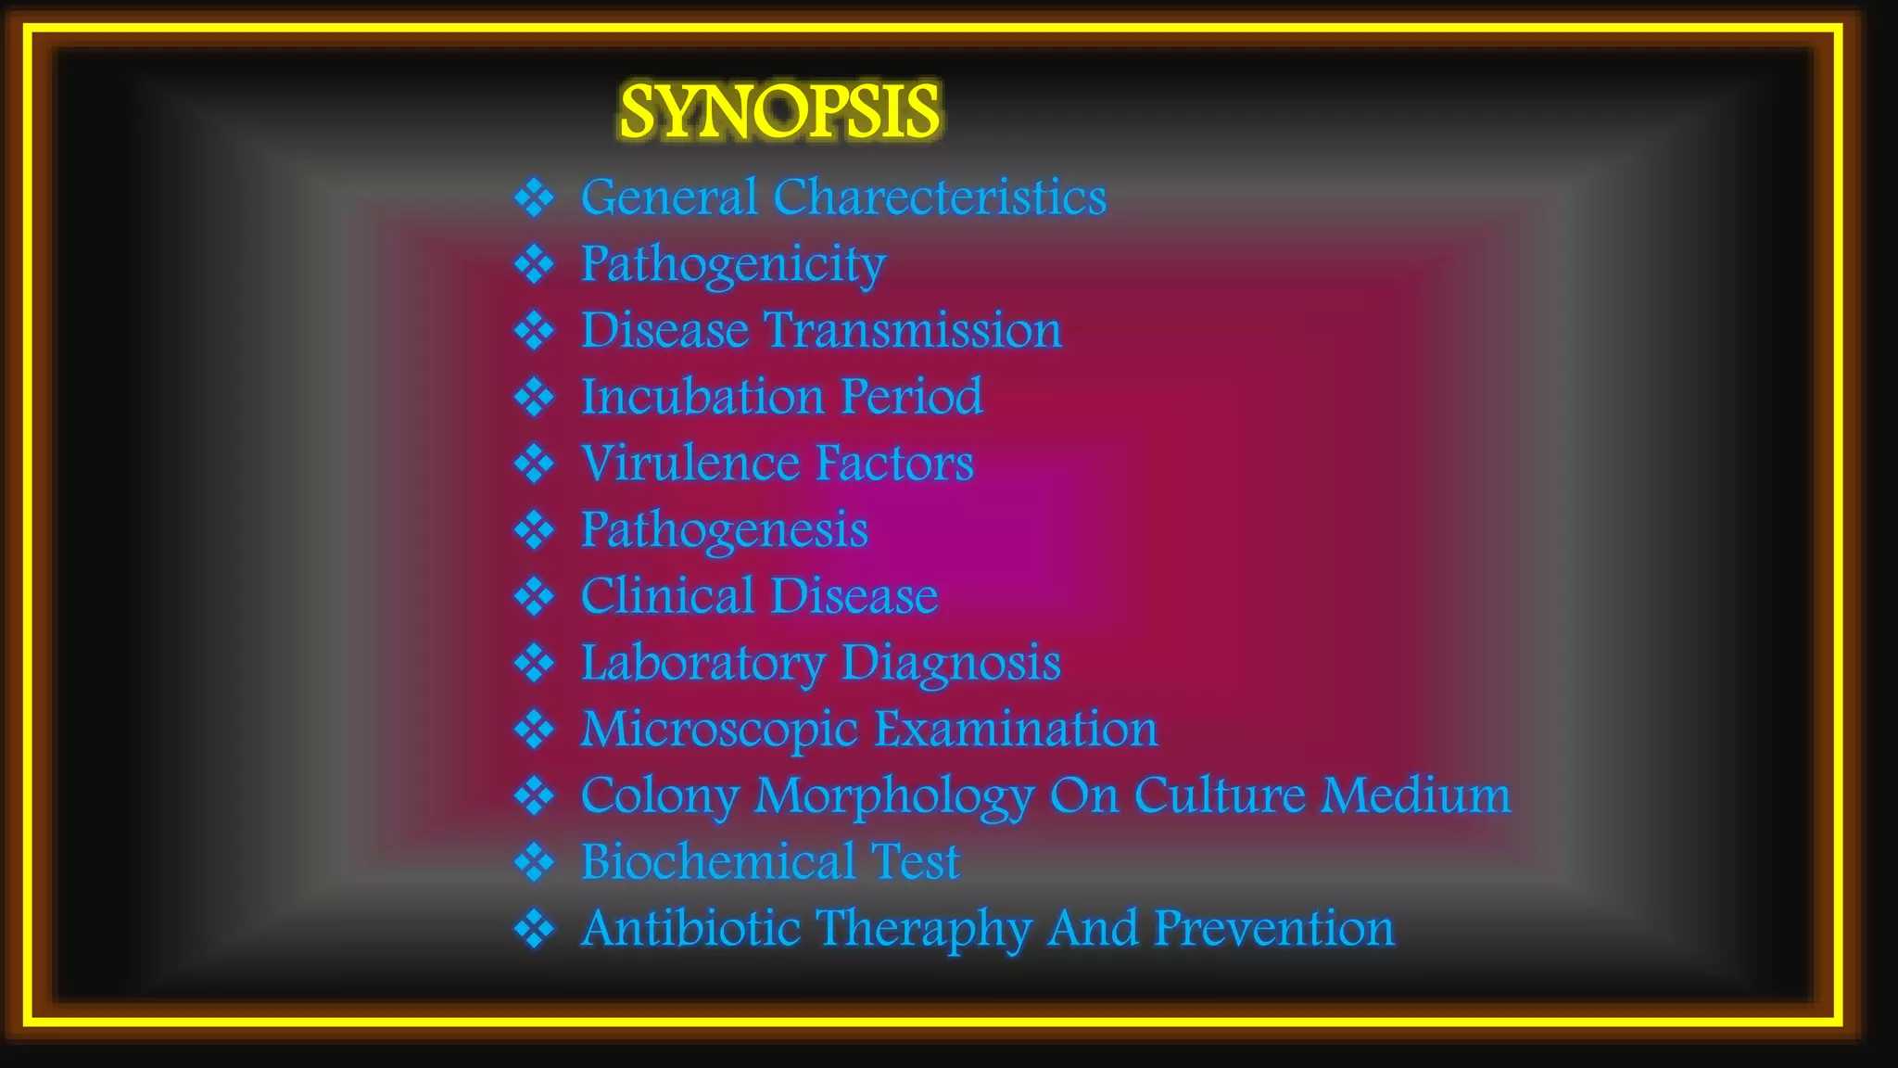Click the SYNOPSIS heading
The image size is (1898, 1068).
779,111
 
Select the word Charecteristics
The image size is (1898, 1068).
939,197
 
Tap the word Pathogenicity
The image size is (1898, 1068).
733,264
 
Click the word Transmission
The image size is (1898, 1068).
913,330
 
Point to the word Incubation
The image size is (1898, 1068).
702,397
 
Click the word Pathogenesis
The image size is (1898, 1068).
724,530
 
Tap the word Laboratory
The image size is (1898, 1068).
702,663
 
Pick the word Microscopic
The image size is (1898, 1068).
719,729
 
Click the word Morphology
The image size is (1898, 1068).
894,795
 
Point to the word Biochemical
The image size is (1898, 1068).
717,861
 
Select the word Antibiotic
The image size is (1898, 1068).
690,928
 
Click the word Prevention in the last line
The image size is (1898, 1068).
1274,928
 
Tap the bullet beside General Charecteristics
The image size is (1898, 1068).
535,197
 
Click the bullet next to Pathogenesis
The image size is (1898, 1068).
535,530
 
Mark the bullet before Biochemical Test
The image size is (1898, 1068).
535,862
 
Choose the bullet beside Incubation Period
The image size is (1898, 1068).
535,397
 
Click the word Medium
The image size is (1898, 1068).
1416,795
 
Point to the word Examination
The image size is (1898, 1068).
1016,729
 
